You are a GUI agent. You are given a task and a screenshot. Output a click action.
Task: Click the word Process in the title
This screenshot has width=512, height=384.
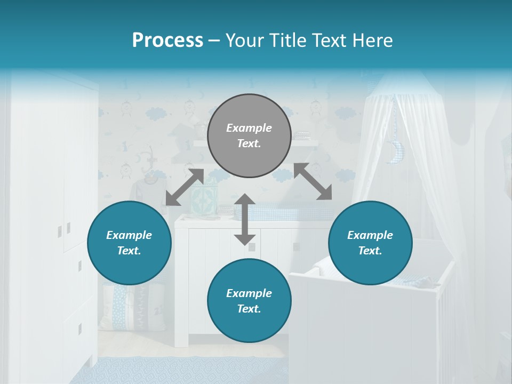(x=167, y=41)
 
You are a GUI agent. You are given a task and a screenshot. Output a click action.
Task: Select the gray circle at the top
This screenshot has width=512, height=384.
(x=249, y=135)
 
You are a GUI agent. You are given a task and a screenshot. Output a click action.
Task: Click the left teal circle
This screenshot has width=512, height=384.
(x=129, y=243)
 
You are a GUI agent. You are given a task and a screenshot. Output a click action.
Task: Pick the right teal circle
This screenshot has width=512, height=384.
(x=370, y=243)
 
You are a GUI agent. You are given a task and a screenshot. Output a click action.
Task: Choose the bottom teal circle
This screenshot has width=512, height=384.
(x=249, y=301)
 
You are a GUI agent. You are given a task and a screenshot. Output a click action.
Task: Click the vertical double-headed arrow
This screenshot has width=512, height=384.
(x=245, y=219)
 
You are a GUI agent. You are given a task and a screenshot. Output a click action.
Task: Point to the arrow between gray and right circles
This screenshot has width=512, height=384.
(x=313, y=182)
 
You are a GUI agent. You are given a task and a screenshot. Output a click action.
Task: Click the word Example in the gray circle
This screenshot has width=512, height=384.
(x=249, y=128)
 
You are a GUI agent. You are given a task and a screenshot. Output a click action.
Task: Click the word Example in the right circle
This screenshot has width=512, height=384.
(x=370, y=235)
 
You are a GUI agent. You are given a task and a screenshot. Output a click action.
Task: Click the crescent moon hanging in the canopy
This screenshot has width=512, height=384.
(x=396, y=152)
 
